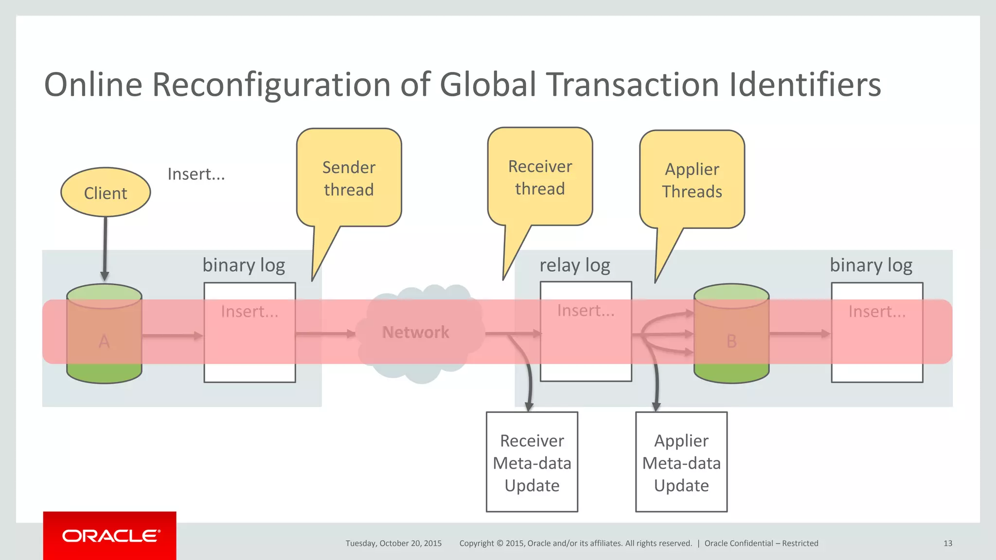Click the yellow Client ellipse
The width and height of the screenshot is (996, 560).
coord(106,192)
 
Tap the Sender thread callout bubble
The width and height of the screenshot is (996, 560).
coord(349,178)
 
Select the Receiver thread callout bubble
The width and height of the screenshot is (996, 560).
coord(540,177)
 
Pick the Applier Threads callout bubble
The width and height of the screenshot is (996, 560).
coord(692,180)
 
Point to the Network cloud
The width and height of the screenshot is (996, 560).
coord(416,332)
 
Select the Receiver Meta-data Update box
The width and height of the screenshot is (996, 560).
coord(532,462)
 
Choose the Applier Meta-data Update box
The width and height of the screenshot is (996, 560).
coord(681,462)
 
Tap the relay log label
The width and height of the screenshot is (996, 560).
coord(575,265)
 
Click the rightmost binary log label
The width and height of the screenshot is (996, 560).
coord(871,265)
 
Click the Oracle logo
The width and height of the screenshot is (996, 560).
coord(110,536)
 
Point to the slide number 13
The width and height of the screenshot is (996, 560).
coord(947,543)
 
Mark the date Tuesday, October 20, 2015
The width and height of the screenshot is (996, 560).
coord(393,543)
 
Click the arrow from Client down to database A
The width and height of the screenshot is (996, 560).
coord(105,248)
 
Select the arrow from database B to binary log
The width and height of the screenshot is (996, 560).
coord(800,333)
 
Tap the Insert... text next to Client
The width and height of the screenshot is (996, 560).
coord(196,174)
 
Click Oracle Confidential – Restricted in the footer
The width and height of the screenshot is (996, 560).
coord(761,543)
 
